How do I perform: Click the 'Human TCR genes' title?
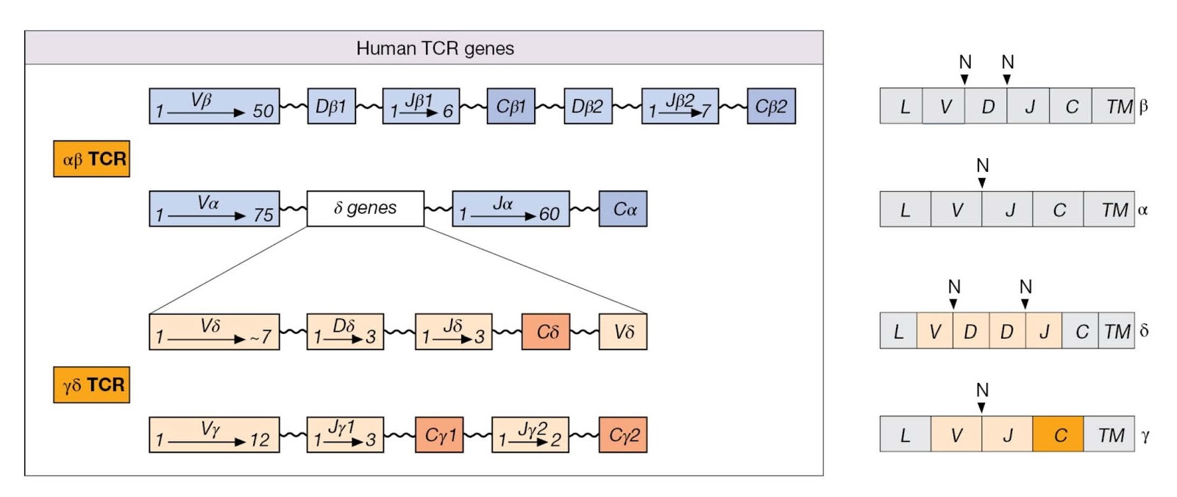coord(435,49)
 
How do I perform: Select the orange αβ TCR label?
coord(91,159)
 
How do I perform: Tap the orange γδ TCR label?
coord(91,385)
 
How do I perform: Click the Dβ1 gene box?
coord(331,107)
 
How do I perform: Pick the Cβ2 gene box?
coord(771,107)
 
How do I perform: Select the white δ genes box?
coord(365,209)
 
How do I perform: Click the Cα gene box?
coord(623,210)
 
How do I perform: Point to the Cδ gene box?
coord(546,332)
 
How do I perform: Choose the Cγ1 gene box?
coord(439,435)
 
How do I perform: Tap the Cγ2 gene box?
coord(623,435)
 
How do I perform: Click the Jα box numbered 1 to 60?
coord(511,210)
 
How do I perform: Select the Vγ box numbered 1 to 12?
coord(214,435)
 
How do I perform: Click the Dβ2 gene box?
coord(588,107)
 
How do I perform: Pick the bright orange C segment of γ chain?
coord(1058,435)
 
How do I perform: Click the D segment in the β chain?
coord(986,107)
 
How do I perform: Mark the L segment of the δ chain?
coord(898,332)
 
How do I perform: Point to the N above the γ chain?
coord(982,390)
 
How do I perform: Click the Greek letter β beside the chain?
coord(1143,106)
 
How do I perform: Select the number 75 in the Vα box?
coord(263,215)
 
